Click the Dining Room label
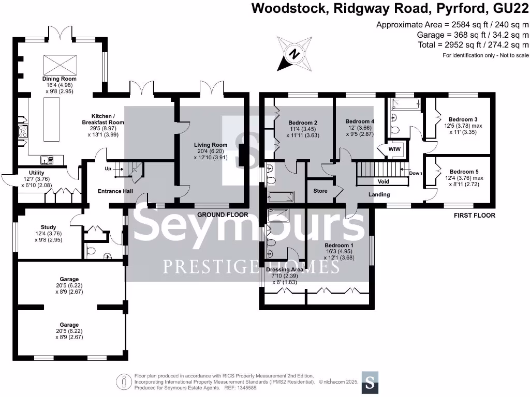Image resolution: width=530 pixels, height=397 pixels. [x=59, y=79]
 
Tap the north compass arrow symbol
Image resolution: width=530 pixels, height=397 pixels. [x=295, y=53]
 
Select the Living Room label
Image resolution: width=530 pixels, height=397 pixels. [x=211, y=145]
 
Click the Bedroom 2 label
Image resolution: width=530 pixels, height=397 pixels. [x=302, y=123]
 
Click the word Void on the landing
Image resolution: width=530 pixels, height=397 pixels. [x=383, y=181]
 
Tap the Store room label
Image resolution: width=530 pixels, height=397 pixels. [x=320, y=191]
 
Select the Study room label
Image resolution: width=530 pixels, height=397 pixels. [x=48, y=227]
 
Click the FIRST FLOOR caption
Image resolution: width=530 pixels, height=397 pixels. [x=474, y=216]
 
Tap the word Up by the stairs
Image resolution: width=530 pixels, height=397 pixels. [x=108, y=169]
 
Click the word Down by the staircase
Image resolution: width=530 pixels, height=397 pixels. [x=416, y=173]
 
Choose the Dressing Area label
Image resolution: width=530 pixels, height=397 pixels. [x=285, y=269]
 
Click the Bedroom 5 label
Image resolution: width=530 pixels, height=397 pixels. [x=465, y=172]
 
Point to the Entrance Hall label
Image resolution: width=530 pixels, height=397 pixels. [x=115, y=191]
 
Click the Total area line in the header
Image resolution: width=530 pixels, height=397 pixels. [x=473, y=44]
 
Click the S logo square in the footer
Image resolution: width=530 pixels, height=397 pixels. [x=370, y=382]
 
